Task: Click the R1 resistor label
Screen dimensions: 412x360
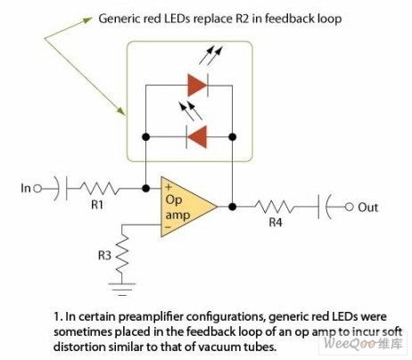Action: [x=97, y=205]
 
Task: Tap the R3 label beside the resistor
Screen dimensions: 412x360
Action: [x=104, y=255]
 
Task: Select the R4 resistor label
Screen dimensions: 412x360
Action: [x=276, y=222]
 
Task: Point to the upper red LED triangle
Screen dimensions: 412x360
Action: [x=197, y=86]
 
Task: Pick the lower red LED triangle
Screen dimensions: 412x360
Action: [x=197, y=137]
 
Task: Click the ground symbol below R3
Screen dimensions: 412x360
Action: [x=122, y=289]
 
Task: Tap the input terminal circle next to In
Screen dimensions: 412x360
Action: [x=37, y=188]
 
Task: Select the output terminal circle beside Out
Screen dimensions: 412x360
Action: [x=349, y=207]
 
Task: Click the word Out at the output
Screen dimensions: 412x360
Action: [x=368, y=208]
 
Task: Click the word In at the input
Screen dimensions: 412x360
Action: [x=26, y=188]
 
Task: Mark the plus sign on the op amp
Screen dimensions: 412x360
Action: [x=169, y=187]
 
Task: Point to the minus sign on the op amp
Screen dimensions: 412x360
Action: [x=168, y=227]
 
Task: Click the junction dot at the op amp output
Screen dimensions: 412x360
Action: [x=233, y=207]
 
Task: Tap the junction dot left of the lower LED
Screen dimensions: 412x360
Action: [x=145, y=137]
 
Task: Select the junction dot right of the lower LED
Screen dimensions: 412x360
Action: [x=233, y=137]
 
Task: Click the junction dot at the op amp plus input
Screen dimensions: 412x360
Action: [x=145, y=188]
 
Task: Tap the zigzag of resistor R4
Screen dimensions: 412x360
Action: [x=275, y=207]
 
